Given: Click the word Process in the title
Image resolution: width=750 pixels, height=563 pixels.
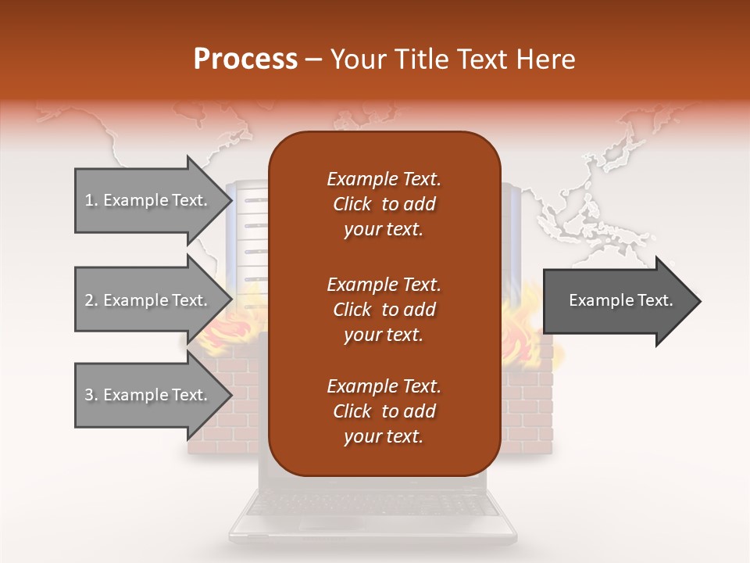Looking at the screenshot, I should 245,59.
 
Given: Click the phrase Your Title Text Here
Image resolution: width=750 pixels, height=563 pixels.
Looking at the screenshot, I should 453,59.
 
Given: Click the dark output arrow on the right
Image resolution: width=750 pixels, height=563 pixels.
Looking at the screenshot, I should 617,301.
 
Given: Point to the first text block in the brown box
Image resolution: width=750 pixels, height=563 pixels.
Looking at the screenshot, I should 384,204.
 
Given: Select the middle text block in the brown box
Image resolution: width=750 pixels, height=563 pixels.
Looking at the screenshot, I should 384,310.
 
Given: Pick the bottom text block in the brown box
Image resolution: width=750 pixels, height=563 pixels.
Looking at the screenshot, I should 384,411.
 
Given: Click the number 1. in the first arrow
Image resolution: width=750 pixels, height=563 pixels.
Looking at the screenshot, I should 91,200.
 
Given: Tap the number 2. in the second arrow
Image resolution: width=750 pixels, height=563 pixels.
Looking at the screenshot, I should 91,300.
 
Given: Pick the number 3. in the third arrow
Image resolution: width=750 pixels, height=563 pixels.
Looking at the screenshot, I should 91,395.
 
